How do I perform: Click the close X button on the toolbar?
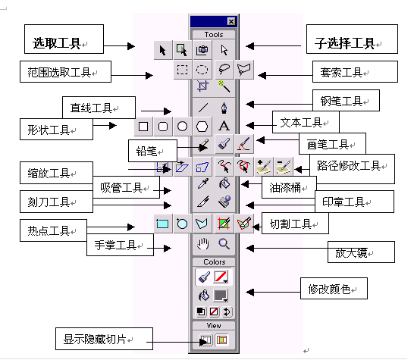tap(231, 21)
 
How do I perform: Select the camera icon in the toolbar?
tap(202, 49)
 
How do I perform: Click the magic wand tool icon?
tap(224, 86)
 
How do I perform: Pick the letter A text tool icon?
tap(224, 126)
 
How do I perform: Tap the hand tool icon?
tap(202, 244)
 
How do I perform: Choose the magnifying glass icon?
tap(224, 244)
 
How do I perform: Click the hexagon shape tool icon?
tap(202, 127)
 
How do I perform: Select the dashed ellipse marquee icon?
tap(202, 70)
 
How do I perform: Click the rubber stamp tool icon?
tap(224, 202)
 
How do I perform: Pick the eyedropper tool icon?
tap(202, 183)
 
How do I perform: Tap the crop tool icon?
tap(202, 86)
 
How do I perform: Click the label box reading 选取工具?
tap(64, 39)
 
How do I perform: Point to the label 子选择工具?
tap(352, 39)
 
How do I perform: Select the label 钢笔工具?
tap(346, 100)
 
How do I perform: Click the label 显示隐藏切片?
tap(104, 339)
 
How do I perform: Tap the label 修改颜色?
tap(334, 288)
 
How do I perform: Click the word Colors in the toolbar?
tap(214, 261)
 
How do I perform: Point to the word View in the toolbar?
tap(214, 325)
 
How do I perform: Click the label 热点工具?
tap(53, 230)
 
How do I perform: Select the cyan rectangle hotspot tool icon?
tap(162, 224)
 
